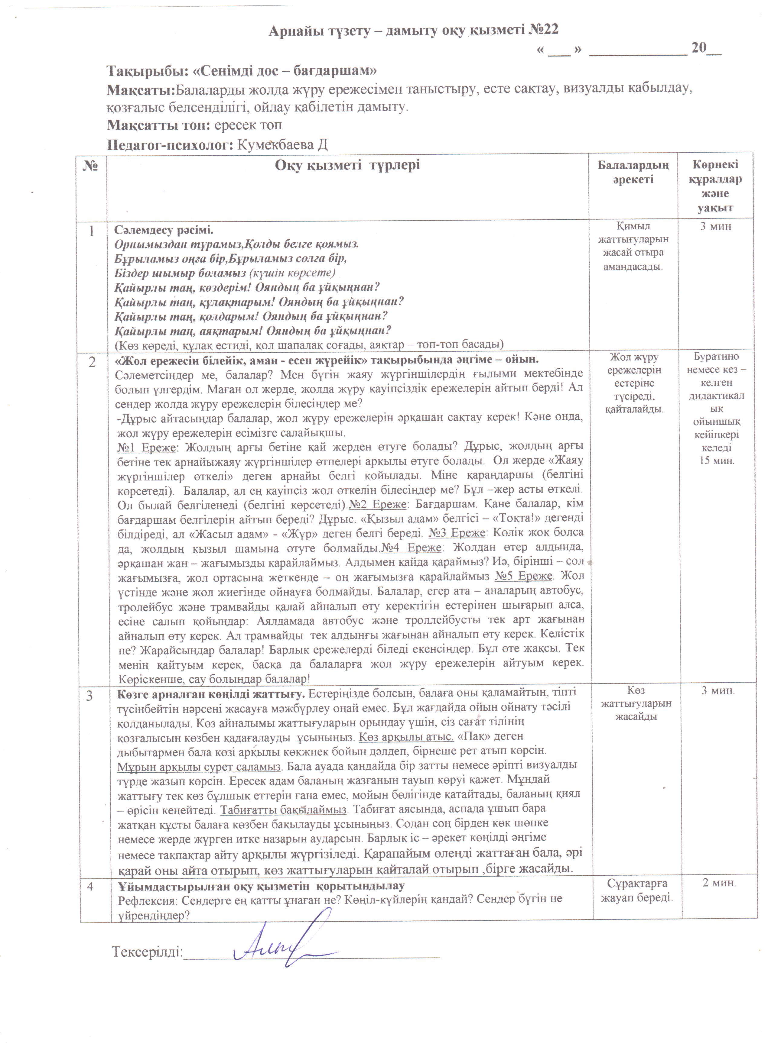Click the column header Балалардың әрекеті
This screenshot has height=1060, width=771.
[x=633, y=172]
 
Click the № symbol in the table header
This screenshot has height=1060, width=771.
[x=92, y=166]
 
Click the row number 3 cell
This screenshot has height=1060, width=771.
[x=90, y=696]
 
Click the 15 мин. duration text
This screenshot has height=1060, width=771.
[x=717, y=460]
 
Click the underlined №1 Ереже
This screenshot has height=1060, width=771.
[x=146, y=447]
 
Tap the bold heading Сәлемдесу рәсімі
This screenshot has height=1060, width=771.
[x=164, y=231]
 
